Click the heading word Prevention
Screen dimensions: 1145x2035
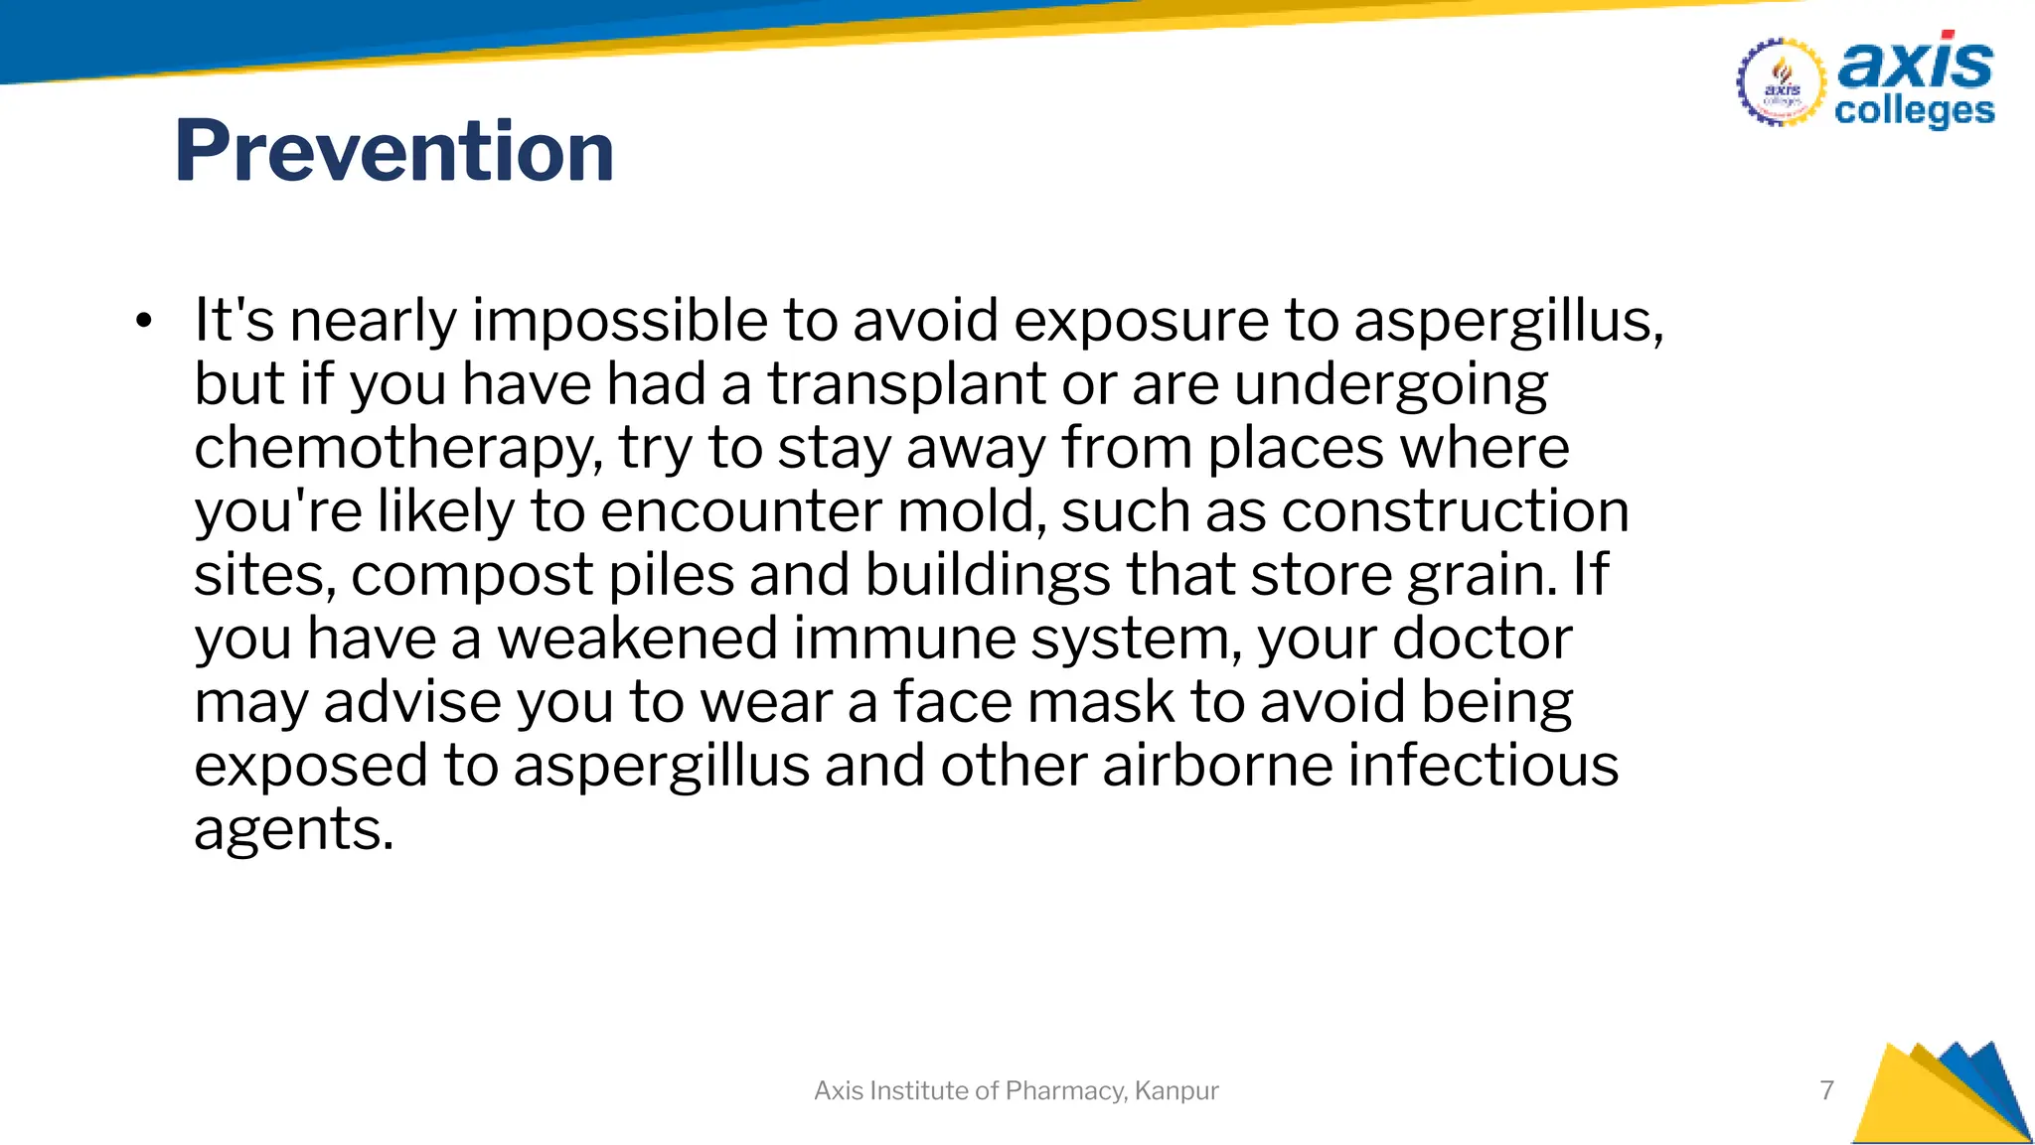(x=393, y=151)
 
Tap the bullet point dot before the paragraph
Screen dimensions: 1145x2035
(x=145, y=321)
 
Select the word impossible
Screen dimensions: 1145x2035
(x=619, y=321)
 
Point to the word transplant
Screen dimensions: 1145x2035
(x=906, y=384)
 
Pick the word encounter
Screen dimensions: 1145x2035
(x=740, y=511)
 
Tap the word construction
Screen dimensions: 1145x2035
(x=1455, y=511)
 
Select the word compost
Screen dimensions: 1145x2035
(x=472, y=576)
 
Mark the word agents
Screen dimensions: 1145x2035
(x=293, y=830)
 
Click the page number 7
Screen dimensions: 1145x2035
(x=1826, y=1090)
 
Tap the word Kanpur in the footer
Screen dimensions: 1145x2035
(x=1176, y=1090)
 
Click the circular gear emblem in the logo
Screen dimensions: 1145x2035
(x=1781, y=82)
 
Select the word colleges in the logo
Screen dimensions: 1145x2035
(x=1914, y=111)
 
